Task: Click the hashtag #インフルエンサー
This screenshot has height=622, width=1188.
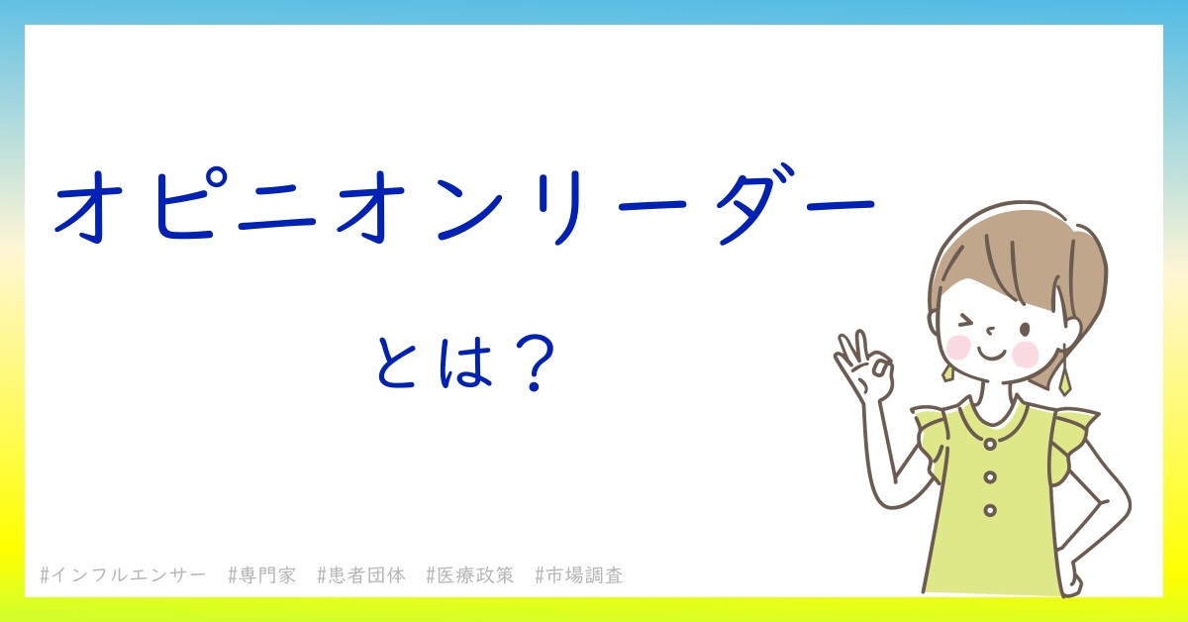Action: (123, 574)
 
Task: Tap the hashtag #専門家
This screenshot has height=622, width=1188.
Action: (262, 574)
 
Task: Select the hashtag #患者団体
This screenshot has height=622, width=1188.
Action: (361, 574)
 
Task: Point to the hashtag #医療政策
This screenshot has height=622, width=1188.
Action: (470, 574)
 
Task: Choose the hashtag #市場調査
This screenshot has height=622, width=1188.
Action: (579, 574)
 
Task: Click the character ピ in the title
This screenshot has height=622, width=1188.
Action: (187, 203)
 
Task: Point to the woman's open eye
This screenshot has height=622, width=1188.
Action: (1025, 330)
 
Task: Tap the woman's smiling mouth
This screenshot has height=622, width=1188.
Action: (991, 354)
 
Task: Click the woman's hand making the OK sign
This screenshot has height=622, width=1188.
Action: (863, 366)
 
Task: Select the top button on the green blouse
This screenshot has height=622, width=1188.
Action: (990, 444)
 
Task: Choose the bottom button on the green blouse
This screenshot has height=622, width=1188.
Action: (990, 510)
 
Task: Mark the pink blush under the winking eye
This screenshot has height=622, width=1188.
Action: (958, 348)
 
